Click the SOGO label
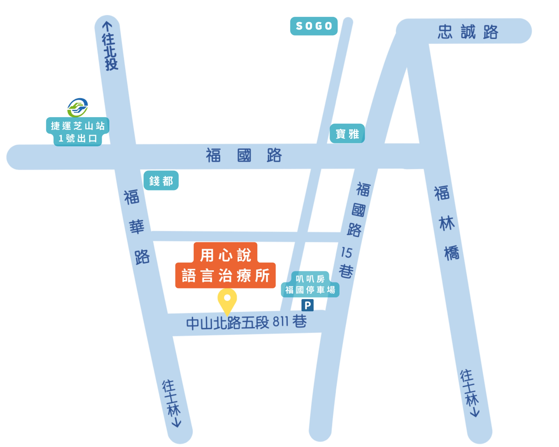point(314,26)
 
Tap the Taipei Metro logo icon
point(78,107)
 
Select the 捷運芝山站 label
point(78,126)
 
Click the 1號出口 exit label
point(78,139)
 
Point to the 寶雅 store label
point(347,134)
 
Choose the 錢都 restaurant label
point(161,181)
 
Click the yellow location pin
point(227,300)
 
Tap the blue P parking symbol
point(307,305)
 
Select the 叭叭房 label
point(310,279)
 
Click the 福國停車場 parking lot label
point(310,290)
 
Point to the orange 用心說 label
point(225,255)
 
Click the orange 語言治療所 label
point(225,275)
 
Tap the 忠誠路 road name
point(468,32)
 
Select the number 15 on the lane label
point(346,253)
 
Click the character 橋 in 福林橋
point(452,253)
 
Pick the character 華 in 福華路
point(137,227)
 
